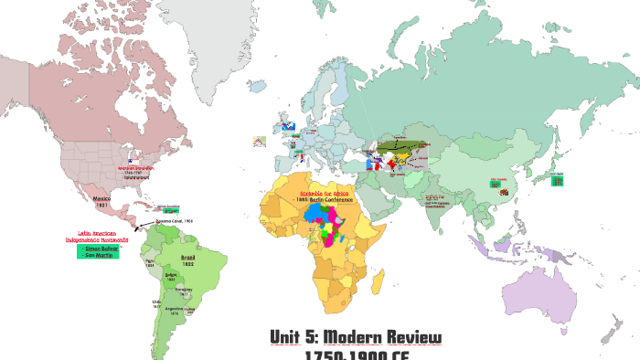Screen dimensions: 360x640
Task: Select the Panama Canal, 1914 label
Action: pos(174,221)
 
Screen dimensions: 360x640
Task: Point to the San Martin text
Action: pos(96,255)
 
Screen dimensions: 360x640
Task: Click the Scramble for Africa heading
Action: pos(331,193)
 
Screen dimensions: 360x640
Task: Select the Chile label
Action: pos(156,301)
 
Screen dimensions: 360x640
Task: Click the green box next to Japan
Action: pos(557,182)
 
